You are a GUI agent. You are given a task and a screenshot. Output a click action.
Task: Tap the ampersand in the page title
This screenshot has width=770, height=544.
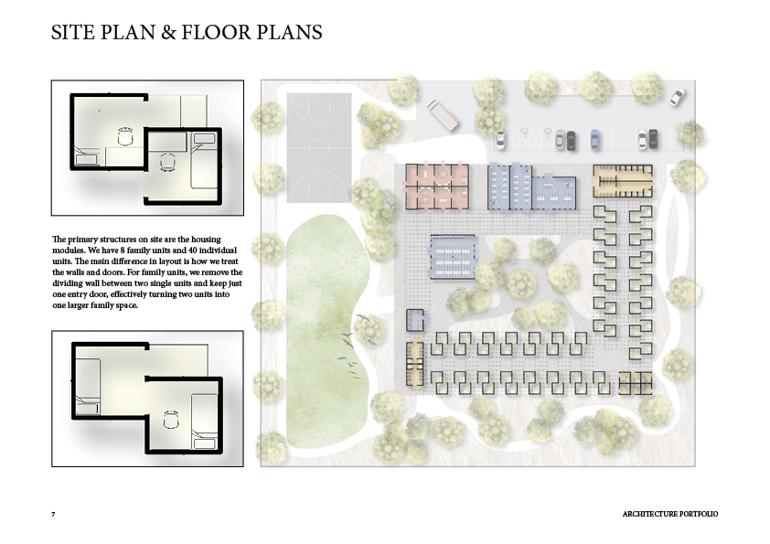point(168,32)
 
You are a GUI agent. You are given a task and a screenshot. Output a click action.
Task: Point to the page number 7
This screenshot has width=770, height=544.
point(53,514)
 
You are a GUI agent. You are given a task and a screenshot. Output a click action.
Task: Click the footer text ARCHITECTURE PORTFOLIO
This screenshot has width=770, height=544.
point(669,514)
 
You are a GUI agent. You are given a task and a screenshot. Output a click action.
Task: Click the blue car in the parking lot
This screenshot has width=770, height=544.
point(594,140)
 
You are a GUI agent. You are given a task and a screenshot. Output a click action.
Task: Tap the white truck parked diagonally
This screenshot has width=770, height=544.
point(443,115)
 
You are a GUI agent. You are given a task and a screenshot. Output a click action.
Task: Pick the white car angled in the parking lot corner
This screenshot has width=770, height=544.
point(677,97)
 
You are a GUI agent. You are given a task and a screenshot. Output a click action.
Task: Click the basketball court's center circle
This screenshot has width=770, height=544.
point(319,147)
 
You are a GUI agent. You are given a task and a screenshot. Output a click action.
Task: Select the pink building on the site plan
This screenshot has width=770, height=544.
point(437,187)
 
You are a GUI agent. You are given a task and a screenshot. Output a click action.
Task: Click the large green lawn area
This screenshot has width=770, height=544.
point(324,329)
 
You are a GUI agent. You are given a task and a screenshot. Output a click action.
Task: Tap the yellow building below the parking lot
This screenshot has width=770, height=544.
point(623,181)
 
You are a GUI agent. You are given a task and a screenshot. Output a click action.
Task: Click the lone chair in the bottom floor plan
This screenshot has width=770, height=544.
point(171,421)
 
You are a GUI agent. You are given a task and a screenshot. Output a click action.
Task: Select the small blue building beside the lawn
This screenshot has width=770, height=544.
point(415,320)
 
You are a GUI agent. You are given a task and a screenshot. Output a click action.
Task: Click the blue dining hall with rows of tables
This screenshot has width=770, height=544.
point(454,257)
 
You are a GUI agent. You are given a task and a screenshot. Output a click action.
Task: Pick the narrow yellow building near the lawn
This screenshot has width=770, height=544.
point(415,363)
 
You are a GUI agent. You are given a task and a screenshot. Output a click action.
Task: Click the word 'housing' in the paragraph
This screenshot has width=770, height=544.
point(207,240)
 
